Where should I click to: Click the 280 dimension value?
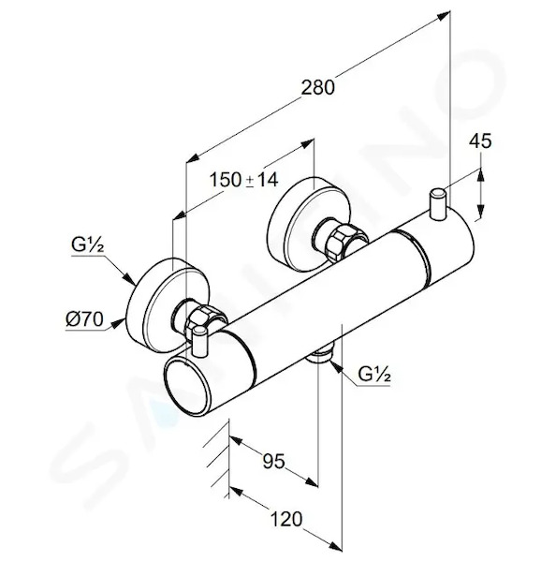coord(317,88)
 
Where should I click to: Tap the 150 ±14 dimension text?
coord(243,180)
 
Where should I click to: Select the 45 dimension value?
coord(480,140)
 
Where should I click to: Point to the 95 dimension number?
coord(273,461)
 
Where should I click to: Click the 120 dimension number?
coord(286,519)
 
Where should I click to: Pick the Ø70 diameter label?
coord(84,319)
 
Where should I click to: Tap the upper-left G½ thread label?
coord(88,245)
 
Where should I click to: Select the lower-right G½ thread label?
coord(374,375)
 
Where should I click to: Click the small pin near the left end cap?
coord(199,341)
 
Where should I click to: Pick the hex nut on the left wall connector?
coord(202,318)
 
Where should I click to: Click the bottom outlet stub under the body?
coord(322,353)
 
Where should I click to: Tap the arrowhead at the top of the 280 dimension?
coord(443,16)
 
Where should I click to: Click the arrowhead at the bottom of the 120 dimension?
coord(335,545)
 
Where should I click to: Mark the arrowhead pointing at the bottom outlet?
coord(334,365)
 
